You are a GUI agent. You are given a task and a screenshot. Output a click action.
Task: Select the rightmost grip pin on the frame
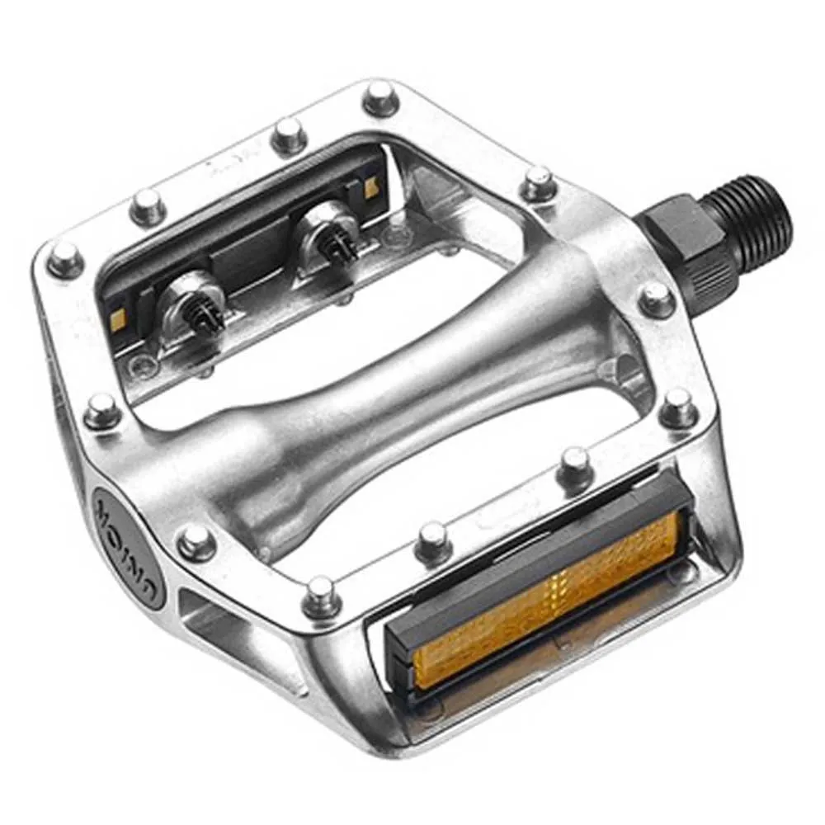click(x=678, y=406)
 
